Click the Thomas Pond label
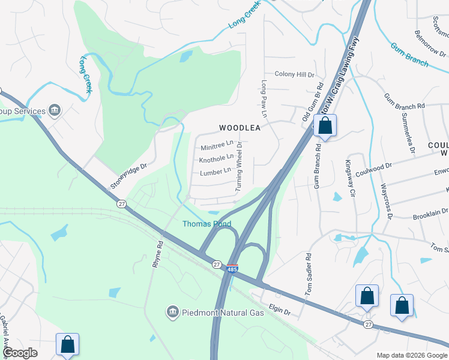pos(207,224)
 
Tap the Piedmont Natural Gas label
pos(214,313)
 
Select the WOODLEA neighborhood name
pos(240,128)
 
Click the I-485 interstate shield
pos(232,269)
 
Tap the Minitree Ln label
pos(217,145)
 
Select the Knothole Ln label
pos(216,158)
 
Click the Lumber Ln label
pos(215,172)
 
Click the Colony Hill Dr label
pos(294,74)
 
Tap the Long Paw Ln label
pos(264,99)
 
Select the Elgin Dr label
pos(279,312)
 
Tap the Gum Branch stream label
pos(409,55)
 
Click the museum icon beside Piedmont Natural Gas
pos(172,312)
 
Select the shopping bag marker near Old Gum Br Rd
pos(325,126)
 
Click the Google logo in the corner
pos(20,353)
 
